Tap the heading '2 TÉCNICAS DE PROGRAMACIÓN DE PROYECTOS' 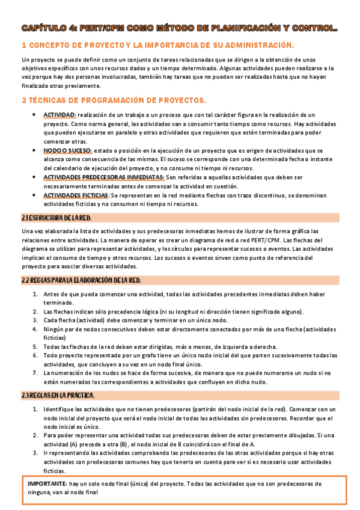click(x=113, y=100)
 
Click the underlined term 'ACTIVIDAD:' click(x=59, y=114)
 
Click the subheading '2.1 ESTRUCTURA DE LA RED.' click(x=56, y=217)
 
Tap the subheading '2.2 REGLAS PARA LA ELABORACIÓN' click(x=81, y=280)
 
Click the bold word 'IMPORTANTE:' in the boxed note click(x=47, y=484)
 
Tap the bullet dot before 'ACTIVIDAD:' click(x=34, y=114)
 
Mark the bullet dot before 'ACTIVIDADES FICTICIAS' click(x=34, y=196)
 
